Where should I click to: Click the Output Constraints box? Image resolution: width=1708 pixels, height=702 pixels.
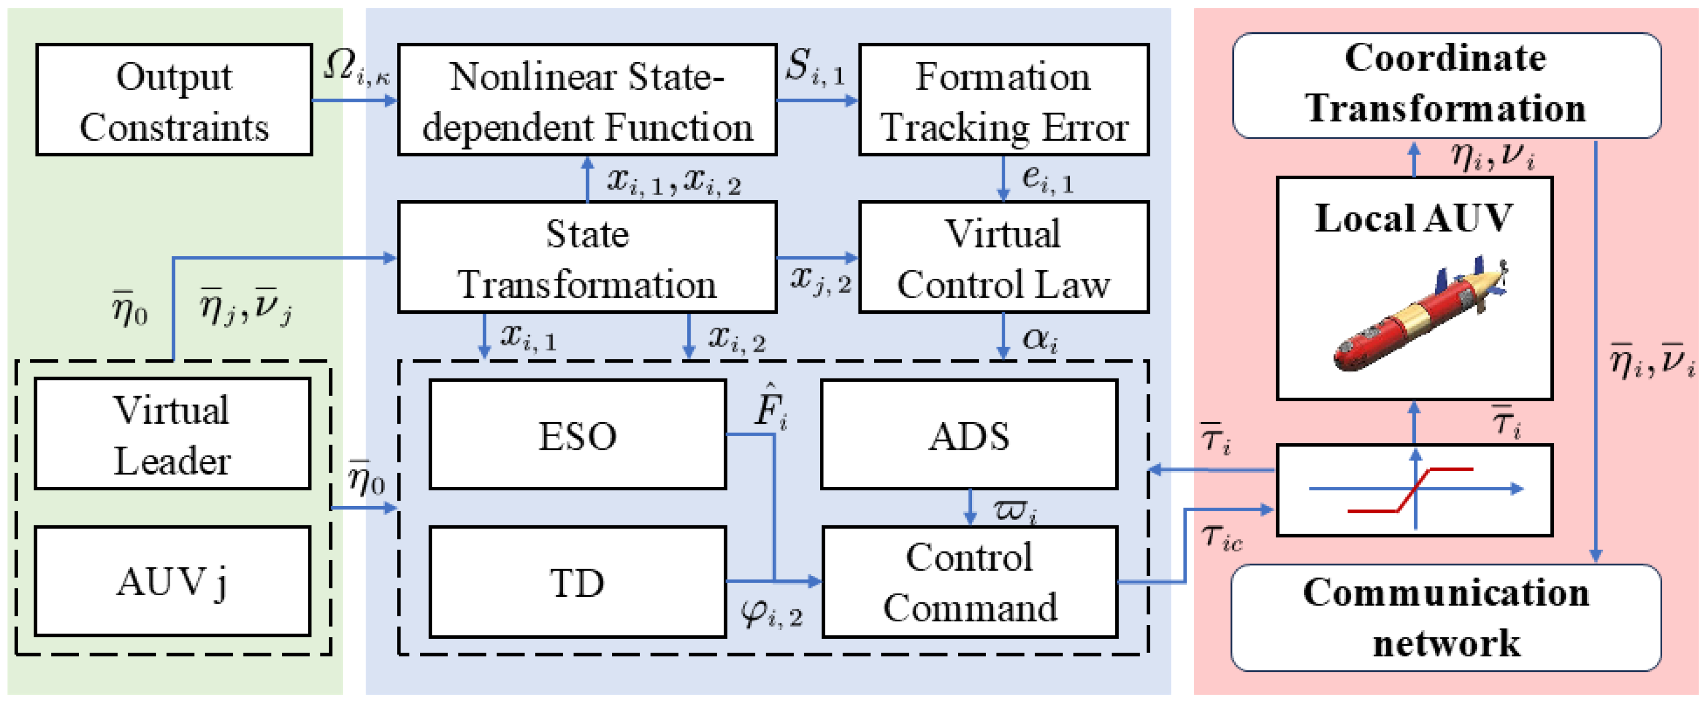click(x=174, y=100)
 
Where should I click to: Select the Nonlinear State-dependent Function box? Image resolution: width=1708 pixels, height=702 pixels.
click(x=587, y=100)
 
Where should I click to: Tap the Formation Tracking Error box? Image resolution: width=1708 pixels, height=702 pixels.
click(x=1003, y=100)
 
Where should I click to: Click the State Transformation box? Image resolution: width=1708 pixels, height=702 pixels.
click(x=587, y=257)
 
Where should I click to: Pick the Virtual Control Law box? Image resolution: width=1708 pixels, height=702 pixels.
click(x=1003, y=257)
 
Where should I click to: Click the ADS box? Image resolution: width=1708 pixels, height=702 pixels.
click(x=969, y=435)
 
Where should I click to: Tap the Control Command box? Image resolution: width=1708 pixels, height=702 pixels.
click(x=969, y=582)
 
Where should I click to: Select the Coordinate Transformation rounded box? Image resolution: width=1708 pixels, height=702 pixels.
click(x=1446, y=85)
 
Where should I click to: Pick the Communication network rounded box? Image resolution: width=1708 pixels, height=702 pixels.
click(x=1446, y=617)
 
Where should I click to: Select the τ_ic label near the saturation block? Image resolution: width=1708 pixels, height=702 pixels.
click(x=1221, y=537)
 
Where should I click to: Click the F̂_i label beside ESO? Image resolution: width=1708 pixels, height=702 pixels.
click(x=770, y=406)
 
